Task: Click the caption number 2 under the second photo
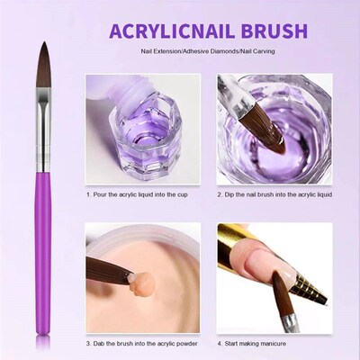220,193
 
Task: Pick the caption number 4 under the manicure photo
220,343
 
